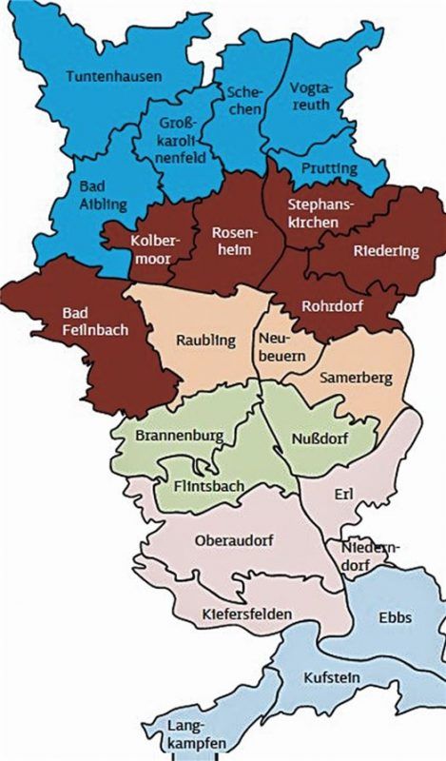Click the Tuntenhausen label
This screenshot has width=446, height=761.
point(114,75)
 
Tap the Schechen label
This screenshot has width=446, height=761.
point(243,100)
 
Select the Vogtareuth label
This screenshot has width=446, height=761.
point(313,100)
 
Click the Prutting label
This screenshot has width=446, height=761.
point(329,168)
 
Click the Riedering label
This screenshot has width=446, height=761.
point(385,251)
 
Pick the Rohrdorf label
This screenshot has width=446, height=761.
point(328,306)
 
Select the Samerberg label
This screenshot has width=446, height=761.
point(354,378)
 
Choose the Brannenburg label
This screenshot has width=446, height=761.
point(180,436)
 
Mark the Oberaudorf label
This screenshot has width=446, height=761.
point(234,540)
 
